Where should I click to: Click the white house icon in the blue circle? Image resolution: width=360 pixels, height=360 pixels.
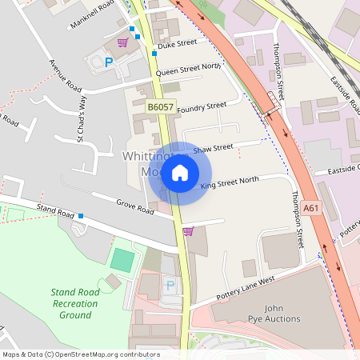[x=180, y=173]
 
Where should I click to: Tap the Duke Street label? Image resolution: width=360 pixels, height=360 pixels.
[x=177, y=45]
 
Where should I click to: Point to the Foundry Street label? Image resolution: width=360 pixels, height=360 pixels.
[x=202, y=106]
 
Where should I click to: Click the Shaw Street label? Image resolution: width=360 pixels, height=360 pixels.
[x=213, y=148]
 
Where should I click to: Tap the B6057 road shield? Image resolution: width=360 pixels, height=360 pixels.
[x=160, y=106]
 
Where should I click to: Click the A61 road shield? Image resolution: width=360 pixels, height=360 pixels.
[x=311, y=209]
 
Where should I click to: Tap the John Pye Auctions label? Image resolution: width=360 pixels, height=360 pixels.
[x=272, y=314]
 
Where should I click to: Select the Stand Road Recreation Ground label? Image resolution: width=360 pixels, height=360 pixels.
[x=74, y=304]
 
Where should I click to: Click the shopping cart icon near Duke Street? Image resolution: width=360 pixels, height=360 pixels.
[x=123, y=42]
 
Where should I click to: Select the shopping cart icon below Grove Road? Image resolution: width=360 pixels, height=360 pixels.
[x=188, y=231]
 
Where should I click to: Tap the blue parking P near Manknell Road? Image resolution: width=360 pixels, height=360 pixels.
[x=109, y=62]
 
